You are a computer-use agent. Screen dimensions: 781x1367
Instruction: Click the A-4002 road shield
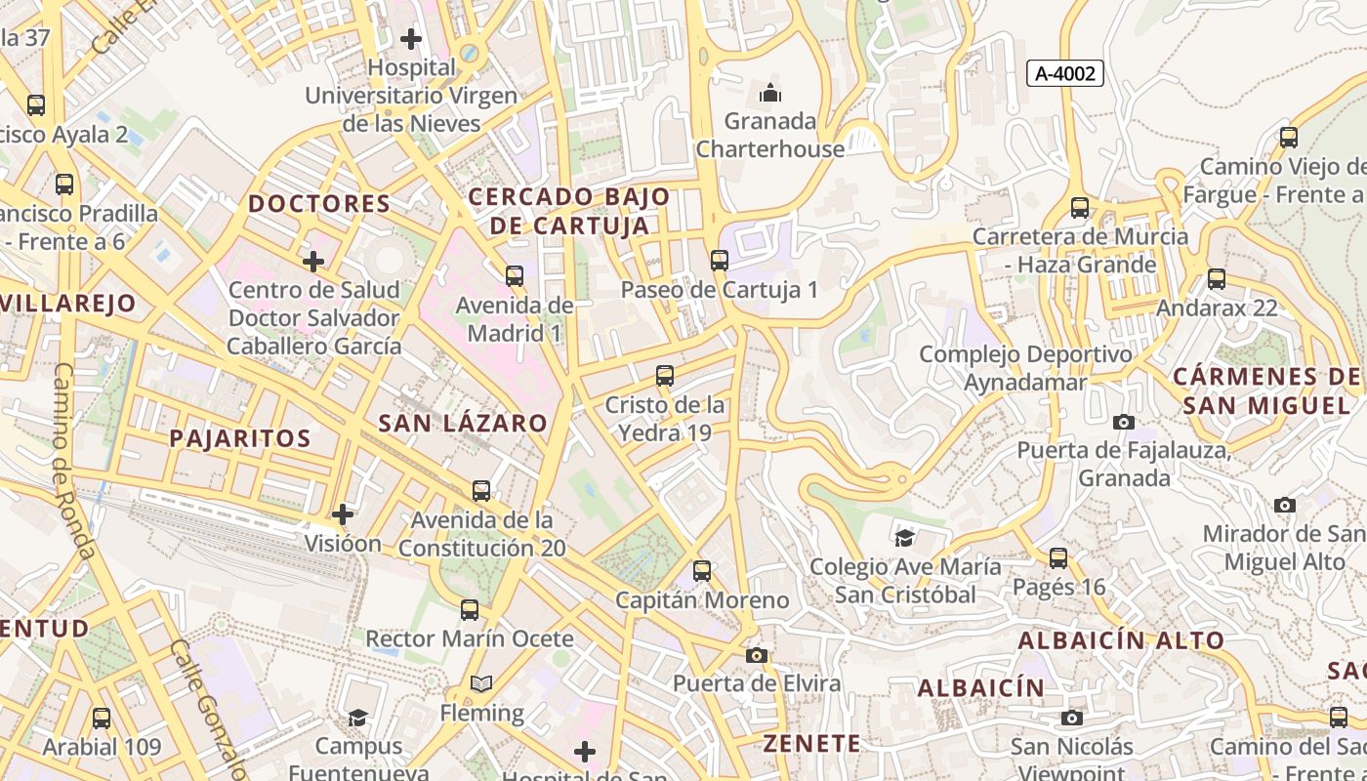pos(1065,73)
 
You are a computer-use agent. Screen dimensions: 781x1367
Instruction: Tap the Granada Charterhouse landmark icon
pos(770,94)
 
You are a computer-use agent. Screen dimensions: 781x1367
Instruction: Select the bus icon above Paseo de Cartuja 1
pos(720,260)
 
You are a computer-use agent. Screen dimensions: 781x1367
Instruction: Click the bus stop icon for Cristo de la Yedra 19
pos(665,375)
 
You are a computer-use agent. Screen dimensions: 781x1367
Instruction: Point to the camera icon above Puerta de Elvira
pos(756,655)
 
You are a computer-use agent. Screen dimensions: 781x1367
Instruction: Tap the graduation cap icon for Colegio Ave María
pos(905,537)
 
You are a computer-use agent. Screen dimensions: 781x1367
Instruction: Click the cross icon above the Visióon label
pos(343,514)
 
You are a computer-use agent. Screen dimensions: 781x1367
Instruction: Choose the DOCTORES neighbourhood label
pos(319,204)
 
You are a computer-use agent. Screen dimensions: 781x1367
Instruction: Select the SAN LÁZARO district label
pos(463,423)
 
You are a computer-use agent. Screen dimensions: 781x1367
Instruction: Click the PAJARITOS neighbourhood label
pos(240,438)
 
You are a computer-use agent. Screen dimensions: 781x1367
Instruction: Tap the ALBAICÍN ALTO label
pos(1121,640)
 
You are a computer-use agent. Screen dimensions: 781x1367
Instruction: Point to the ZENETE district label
pos(812,743)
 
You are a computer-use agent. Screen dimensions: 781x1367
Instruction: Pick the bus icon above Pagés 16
pos(1058,558)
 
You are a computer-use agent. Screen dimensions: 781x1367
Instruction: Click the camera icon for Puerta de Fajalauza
pos(1124,422)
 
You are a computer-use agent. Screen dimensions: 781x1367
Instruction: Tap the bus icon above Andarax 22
pos(1217,279)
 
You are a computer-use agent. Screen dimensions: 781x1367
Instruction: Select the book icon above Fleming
pos(481,683)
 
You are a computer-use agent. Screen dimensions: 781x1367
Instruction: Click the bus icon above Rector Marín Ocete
pos(470,610)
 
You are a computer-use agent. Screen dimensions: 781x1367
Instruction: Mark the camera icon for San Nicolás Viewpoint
pos(1072,719)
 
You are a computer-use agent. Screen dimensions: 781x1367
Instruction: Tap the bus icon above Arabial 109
pos(102,719)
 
